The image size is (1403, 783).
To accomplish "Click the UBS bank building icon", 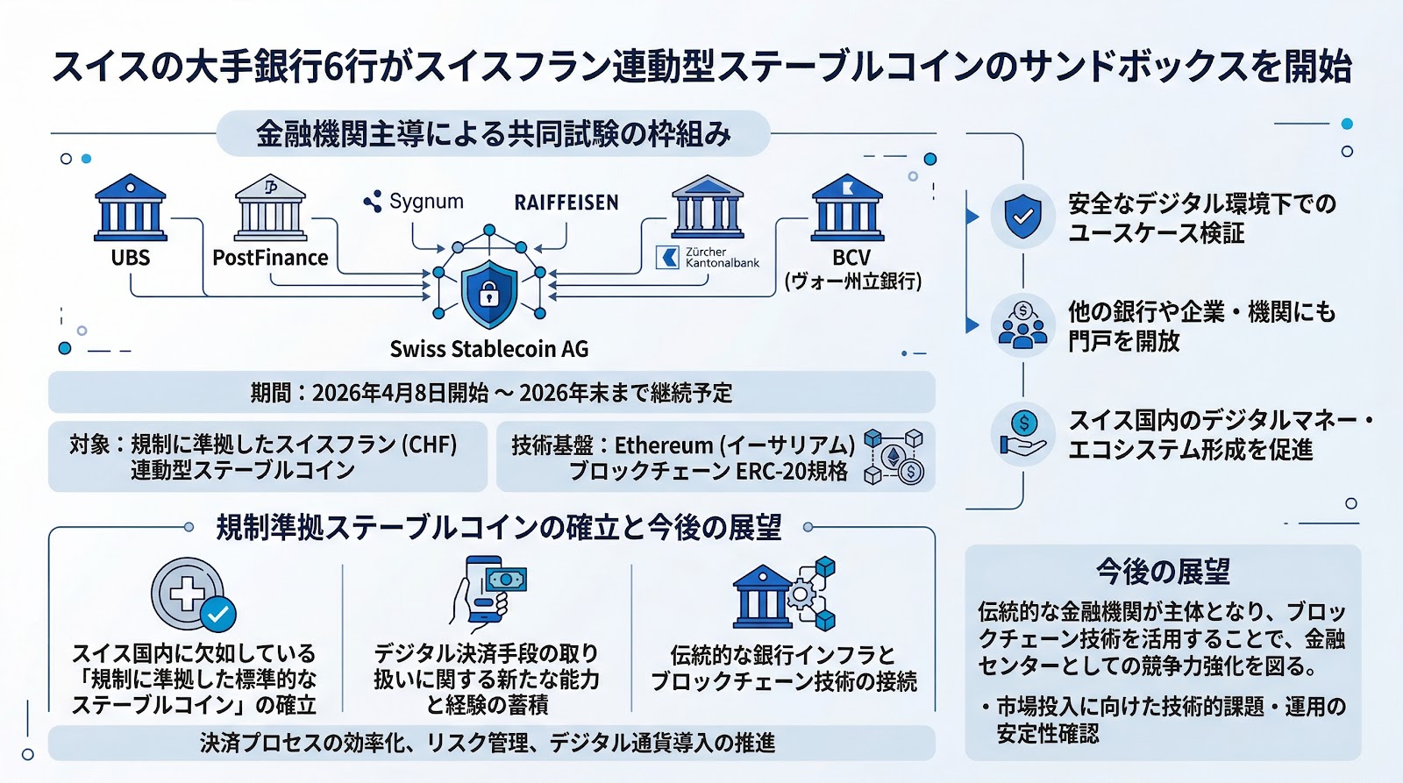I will [131, 208].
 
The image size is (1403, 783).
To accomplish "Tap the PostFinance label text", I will [270, 258].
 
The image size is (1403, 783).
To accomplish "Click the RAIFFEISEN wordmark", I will [566, 203].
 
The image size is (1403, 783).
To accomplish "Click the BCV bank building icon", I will [847, 208].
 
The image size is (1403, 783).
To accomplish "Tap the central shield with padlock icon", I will [489, 293].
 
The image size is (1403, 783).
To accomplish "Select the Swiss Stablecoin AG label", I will [489, 349].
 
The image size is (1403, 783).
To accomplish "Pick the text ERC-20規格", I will [792, 472].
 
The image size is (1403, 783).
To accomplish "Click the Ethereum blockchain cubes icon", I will [894, 457].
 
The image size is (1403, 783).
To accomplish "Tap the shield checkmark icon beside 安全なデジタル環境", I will [1022, 217].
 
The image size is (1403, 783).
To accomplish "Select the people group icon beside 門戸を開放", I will [1022, 325].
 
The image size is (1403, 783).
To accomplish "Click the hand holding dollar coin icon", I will [1022, 436].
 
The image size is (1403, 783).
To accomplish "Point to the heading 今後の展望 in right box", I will [1163, 572].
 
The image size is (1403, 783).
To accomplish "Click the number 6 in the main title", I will [333, 67].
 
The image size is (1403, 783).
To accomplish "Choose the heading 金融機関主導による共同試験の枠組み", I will [493, 134].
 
